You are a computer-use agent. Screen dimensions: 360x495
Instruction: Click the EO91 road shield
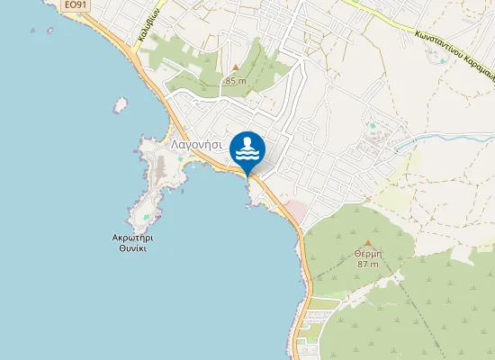pos(76,5)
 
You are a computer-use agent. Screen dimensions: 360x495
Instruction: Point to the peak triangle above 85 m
pos(236,67)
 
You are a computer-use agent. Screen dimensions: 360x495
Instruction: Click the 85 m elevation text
pos(236,81)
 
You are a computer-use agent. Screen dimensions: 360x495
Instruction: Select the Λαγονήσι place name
pos(197,143)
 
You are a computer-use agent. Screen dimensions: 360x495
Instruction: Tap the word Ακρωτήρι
pos(132,238)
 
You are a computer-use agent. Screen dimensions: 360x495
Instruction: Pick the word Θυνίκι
pos(132,250)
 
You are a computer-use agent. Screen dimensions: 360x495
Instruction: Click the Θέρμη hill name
pos(367,254)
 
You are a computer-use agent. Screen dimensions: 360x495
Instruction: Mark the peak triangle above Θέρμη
pos(367,242)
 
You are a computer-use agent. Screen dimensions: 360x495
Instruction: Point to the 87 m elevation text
pos(367,265)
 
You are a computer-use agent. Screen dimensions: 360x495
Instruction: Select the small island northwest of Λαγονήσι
pos(120,105)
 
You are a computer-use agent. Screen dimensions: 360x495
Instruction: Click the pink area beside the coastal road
pos(296,209)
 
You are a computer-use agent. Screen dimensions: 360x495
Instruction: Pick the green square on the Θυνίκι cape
pos(144,217)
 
